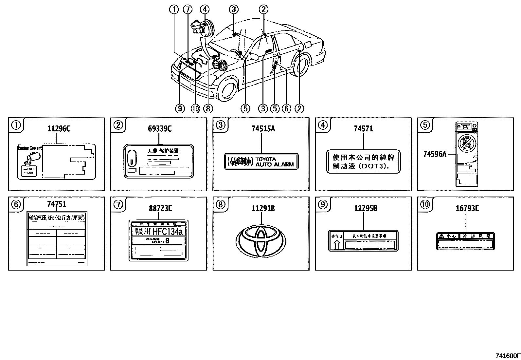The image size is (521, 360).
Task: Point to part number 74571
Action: click(363, 129)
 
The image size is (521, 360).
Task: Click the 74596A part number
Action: click(435, 154)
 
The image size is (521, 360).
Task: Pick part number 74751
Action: click(56, 204)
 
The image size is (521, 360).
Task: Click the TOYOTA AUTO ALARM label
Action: click(261, 161)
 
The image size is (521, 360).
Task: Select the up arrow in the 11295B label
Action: click(337, 245)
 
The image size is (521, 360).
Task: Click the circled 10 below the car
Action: click(195, 108)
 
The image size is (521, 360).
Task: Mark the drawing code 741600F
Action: click(507, 356)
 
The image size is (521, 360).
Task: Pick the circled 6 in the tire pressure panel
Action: click(16, 204)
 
